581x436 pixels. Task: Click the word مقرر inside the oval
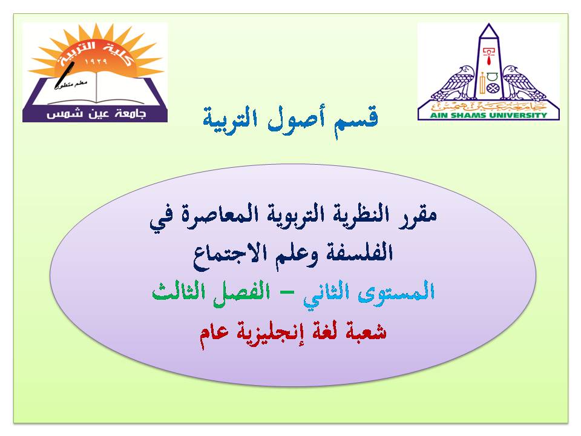click(418, 216)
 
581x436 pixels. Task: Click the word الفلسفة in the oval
click(359, 253)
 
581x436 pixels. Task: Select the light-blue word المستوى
click(397, 291)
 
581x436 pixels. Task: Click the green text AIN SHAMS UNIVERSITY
click(488, 115)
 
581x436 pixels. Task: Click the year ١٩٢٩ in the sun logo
click(96, 62)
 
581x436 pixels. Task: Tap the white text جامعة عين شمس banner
click(96, 113)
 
